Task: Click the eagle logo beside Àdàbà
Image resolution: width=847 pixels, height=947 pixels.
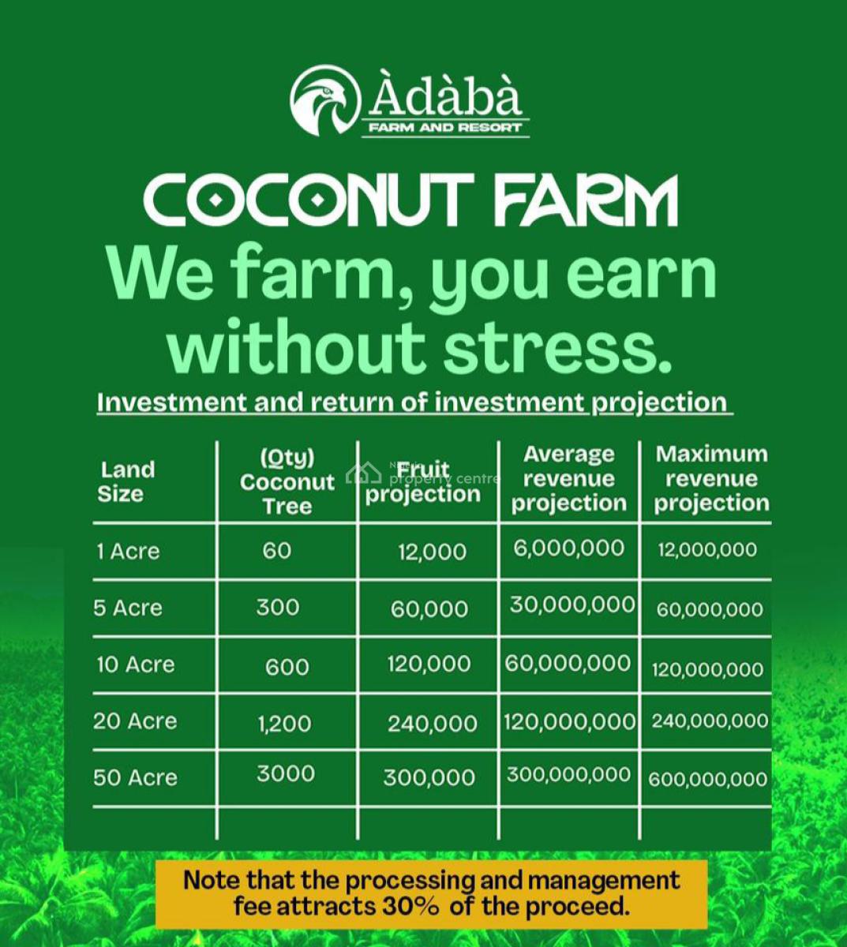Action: (325, 100)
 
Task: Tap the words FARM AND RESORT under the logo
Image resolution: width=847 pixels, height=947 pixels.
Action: (444, 128)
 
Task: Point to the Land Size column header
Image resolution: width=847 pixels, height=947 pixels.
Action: (126, 482)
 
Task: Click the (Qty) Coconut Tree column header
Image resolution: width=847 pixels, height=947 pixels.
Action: (287, 482)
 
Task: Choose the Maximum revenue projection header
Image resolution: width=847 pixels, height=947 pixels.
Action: (711, 479)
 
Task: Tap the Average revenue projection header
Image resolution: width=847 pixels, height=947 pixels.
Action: (568, 479)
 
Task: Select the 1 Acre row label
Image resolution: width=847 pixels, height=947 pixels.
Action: (128, 552)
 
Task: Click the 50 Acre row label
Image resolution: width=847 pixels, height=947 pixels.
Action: (135, 778)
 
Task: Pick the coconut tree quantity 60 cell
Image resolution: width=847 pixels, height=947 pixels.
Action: (277, 551)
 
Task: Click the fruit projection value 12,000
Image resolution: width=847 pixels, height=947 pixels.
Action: (432, 552)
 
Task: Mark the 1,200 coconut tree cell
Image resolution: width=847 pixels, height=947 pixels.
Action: (284, 724)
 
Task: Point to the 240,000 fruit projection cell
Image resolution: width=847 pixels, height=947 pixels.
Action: (432, 724)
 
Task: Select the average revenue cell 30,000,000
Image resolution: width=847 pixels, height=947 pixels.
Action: (572, 605)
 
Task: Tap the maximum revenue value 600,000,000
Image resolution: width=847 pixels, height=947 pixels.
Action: (707, 779)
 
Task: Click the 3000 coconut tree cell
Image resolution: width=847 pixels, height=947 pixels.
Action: (286, 773)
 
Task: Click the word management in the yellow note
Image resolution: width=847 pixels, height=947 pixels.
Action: (603, 880)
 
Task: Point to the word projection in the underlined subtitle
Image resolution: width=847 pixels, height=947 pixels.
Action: (659, 403)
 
